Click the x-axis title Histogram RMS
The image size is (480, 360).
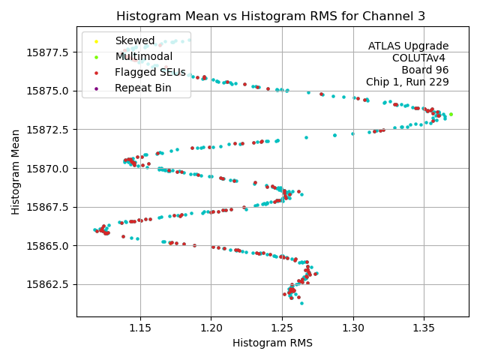tap(272, 343)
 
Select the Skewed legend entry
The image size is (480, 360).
tap(135, 40)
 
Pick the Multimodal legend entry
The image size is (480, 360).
tap(143, 56)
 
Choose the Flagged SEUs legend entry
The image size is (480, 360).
tap(150, 72)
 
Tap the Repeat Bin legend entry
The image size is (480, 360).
tap(142, 88)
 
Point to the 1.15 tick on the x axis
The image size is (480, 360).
tap(140, 328)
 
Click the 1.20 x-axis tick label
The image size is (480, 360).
tap(211, 328)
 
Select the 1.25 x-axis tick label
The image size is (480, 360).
tap(282, 328)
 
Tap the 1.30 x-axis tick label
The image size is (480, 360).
tap(353, 328)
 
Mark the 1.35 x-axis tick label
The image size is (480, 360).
tap(424, 328)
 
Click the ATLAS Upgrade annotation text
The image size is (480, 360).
tap(408, 46)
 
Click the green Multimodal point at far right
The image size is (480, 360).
tap(451, 115)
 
